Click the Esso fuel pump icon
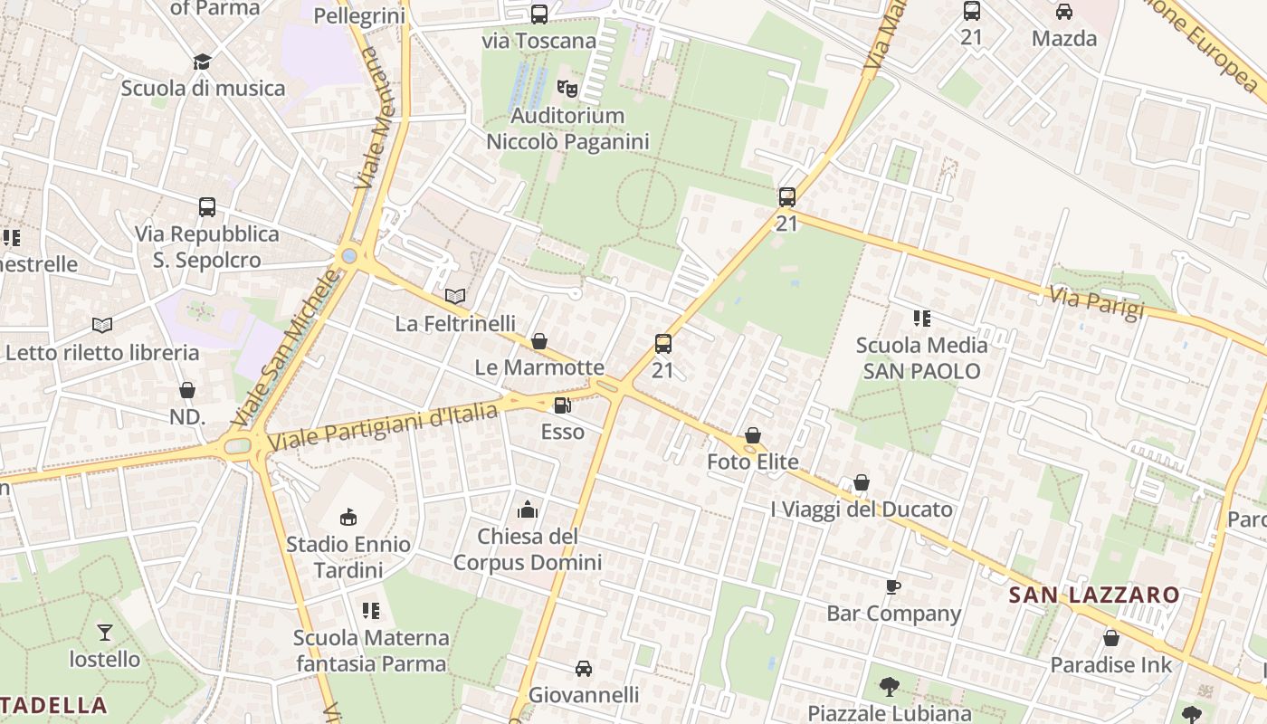[562, 405]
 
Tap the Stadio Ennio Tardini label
[348, 557]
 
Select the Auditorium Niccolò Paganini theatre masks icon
[567, 88]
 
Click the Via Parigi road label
[1097, 302]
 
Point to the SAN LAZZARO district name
[1094, 595]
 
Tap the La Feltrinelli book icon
[455, 296]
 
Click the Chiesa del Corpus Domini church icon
[528, 510]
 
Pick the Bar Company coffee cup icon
[892, 586]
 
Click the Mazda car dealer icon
[1064, 12]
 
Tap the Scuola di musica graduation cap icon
[202, 62]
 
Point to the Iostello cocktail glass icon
[105, 632]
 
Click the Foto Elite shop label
[752, 462]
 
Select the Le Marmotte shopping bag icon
[539, 341]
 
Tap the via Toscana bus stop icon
[539, 14]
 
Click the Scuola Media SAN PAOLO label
[921, 357]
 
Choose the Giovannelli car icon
[584, 669]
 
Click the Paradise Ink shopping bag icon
[1111, 638]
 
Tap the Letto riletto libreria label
[102, 352]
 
